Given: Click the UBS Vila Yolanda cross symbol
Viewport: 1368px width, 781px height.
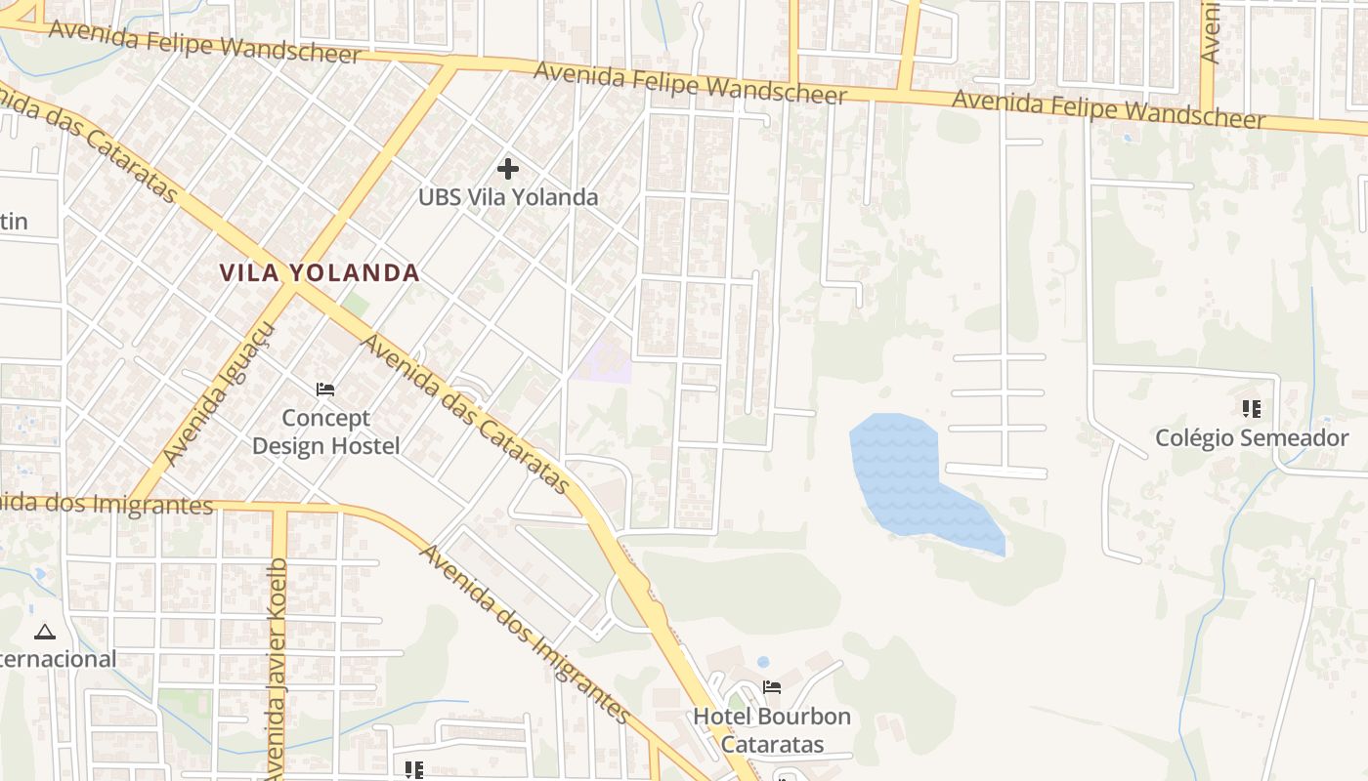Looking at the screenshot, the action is (x=508, y=169).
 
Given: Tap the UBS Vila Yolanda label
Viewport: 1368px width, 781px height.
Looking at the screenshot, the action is (x=508, y=197).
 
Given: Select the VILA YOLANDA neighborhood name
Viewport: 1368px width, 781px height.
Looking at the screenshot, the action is (x=320, y=273).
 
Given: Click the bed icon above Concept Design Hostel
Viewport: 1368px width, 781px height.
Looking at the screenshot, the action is (x=325, y=390).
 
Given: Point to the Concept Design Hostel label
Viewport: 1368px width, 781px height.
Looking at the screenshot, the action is (x=326, y=432).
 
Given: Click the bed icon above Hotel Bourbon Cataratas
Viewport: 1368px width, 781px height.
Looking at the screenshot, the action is (x=772, y=687).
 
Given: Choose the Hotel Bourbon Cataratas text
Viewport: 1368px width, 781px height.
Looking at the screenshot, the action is (x=772, y=730).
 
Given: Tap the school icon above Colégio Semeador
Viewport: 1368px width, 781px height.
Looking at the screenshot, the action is (x=1252, y=409).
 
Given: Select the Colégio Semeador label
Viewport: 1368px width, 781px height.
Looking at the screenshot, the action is (x=1252, y=438).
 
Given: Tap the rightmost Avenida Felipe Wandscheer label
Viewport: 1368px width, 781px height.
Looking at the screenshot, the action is (x=1108, y=109).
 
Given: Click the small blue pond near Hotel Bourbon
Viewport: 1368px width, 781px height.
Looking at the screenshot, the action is (x=763, y=662).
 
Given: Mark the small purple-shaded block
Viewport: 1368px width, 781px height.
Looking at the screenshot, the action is (x=607, y=362).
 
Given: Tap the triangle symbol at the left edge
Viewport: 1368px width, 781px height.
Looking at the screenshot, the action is (x=45, y=633).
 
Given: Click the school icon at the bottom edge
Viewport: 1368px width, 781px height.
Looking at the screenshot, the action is (x=414, y=770).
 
